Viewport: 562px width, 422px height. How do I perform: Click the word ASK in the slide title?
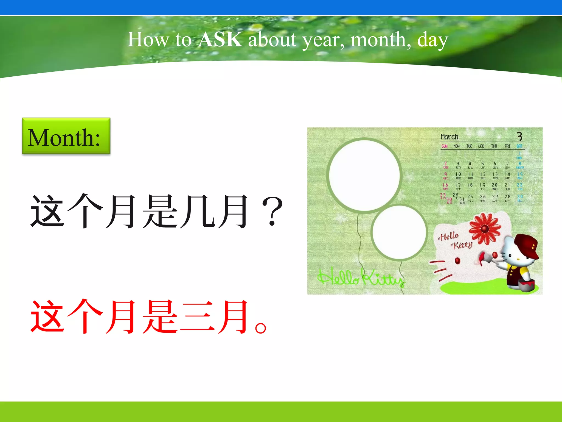220,39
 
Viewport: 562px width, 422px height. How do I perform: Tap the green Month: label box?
66,136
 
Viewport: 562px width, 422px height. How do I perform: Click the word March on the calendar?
449,137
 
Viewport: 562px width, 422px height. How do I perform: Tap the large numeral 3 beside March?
519,136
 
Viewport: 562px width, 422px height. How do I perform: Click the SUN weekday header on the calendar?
445,146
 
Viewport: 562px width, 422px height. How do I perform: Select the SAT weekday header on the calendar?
519,146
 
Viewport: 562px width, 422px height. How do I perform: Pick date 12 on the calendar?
483,174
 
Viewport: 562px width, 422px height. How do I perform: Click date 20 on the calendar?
494,185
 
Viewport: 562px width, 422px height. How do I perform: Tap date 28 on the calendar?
507,197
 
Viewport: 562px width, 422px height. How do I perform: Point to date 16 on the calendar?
445,185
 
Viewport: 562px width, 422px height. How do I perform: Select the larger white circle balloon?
364,175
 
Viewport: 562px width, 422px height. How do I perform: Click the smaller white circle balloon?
399,232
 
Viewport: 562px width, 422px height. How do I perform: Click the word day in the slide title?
432,40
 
